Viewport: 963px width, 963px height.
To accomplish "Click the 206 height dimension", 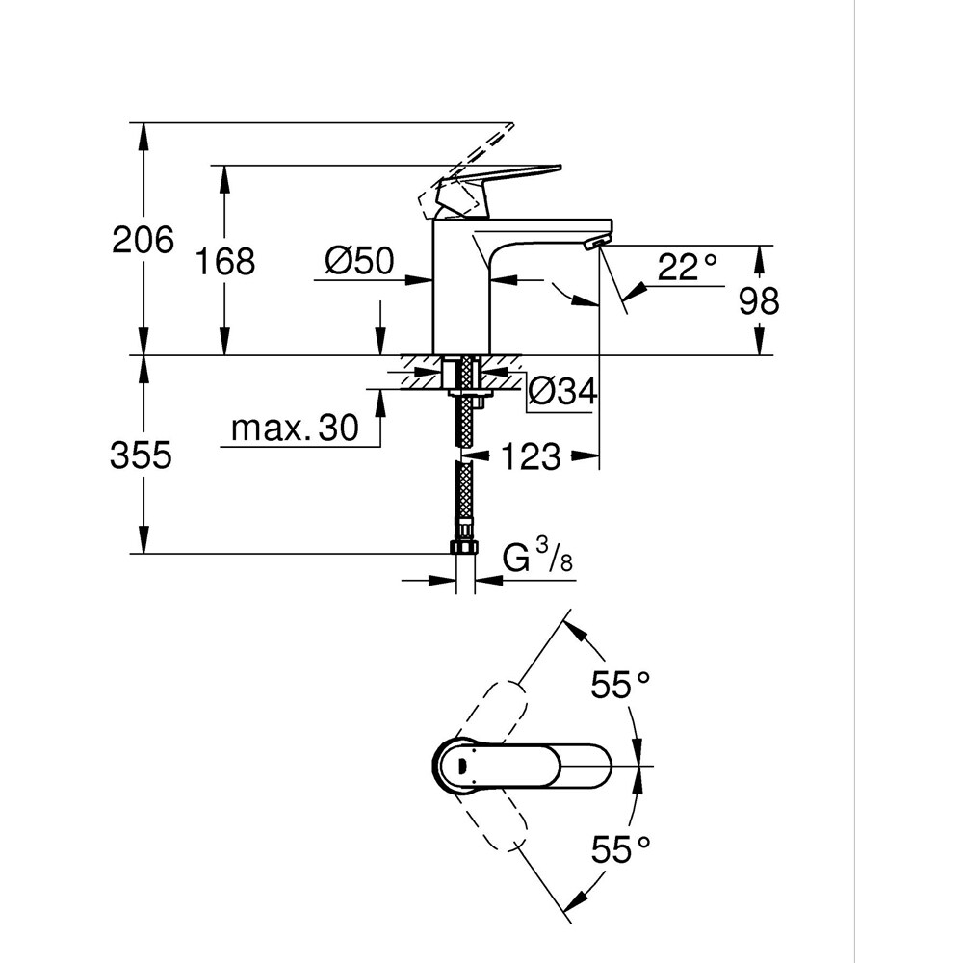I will (x=143, y=240).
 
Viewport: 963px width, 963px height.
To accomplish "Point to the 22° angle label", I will (x=688, y=268).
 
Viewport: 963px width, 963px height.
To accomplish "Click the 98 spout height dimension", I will (x=759, y=301).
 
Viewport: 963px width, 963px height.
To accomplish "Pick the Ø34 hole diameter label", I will (x=563, y=392).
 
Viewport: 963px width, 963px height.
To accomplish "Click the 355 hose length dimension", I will (x=142, y=455).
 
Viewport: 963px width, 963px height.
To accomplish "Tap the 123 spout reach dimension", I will (x=530, y=456).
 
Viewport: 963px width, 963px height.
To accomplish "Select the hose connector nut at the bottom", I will (x=464, y=546).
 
